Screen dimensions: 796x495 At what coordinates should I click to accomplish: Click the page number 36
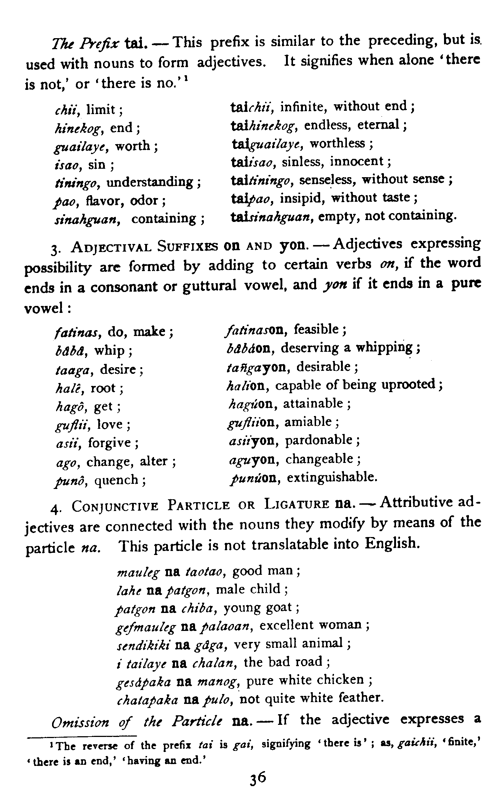coord(256,777)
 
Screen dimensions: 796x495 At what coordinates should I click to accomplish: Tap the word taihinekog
coord(263,125)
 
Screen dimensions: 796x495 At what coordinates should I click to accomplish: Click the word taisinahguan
coord(271,216)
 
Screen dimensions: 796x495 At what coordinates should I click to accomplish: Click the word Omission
coord(80,722)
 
